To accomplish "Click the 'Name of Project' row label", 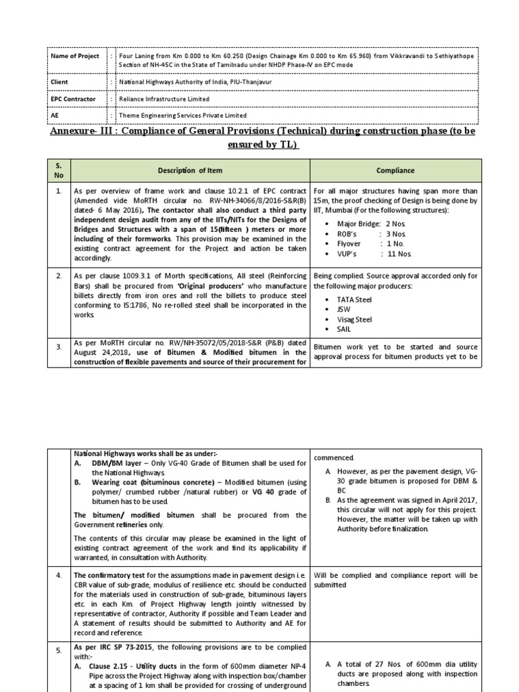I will pos(75,56).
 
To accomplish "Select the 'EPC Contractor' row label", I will pos(73,98).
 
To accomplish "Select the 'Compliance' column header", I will pos(395,171).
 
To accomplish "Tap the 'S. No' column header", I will pos(59,171).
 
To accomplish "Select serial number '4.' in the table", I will pos(59,576).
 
